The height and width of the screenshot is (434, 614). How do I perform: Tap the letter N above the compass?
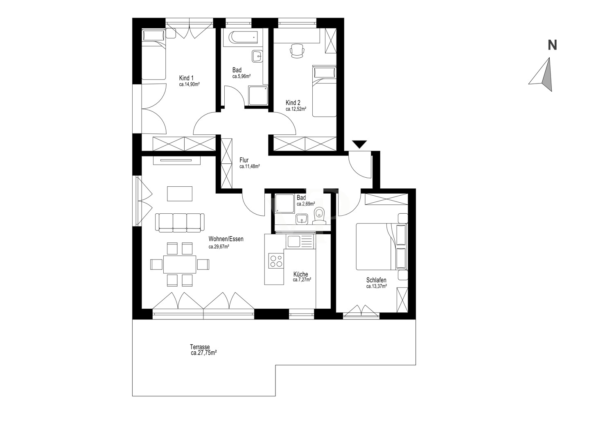coord(552,45)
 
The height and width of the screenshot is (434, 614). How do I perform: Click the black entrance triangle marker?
coord(359,144)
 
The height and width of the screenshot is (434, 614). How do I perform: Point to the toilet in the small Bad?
coord(319,215)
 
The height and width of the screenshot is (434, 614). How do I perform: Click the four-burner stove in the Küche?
coord(276,261)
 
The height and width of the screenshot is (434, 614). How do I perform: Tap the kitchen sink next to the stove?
coord(300,242)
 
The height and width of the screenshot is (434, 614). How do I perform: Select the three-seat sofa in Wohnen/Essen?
coord(180,222)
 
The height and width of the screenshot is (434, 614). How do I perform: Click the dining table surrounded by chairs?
coord(180,264)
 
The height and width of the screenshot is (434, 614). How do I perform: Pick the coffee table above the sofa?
coord(180,194)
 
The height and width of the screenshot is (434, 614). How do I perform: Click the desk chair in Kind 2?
coord(297,51)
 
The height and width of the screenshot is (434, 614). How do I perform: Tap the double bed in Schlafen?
coord(381,246)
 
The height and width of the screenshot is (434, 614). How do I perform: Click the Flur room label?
coord(244,160)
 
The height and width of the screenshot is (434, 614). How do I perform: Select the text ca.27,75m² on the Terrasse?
coord(204,353)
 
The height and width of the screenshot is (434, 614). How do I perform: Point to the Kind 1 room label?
coord(186,78)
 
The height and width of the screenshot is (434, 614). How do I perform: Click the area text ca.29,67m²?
coord(219,247)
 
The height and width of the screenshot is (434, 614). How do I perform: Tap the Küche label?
coord(301,274)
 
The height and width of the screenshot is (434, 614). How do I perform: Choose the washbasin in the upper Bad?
coord(257,57)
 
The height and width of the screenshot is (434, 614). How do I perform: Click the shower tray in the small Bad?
coord(285,203)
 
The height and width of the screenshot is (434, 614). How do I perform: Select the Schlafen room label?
coord(376,280)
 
